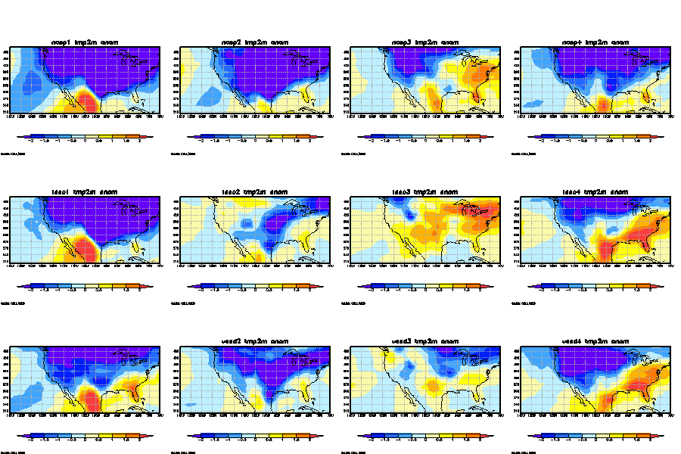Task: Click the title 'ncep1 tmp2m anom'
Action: [x=85, y=42]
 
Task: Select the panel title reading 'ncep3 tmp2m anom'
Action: [x=425, y=42]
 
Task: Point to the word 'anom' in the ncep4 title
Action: [x=620, y=42]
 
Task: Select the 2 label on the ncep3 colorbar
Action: [x=480, y=141]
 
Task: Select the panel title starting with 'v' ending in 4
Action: [x=595, y=341]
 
